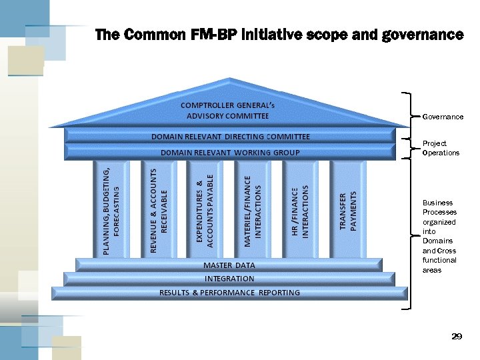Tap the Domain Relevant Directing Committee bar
pyautogui.click(x=230, y=137)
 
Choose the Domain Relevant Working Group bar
pyautogui.click(x=230, y=153)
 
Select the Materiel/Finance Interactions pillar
pyautogui.click(x=253, y=210)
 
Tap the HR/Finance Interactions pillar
pyautogui.click(x=300, y=210)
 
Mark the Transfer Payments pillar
pyautogui.click(x=348, y=210)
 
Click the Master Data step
pyautogui.click(x=229, y=265)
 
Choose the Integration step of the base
pyautogui.click(x=229, y=279)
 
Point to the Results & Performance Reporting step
pyautogui.click(x=229, y=293)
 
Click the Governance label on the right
pyautogui.click(x=443, y=117)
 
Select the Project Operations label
pyautogui.click(x=441, y=148)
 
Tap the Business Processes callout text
pyautogui.click(x=439, y=236)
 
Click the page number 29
pyautogui.click(x=456, y=337)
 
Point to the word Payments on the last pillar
pyautogui.click(x=353, y=210)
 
